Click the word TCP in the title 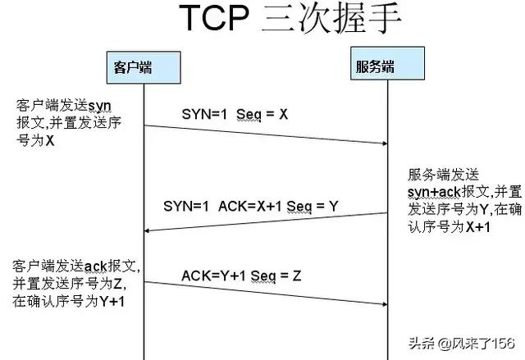(x=215, y=18)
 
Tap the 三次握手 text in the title (x=331, y=17)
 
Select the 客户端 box (x=144, y=67)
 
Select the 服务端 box (x=387, y=64)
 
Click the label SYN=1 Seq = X (x=235, y=115)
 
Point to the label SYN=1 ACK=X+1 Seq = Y (x=251, y=206)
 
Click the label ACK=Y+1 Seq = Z (x=241, y=276)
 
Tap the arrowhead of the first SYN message (x=385, y=144)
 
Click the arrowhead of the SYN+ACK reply (x=147, y=230)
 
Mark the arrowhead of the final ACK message (x=385, y=304)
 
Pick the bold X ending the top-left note (x=49, y=140)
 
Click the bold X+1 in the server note (x=478, y=227)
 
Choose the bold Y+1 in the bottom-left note (x=112, y=302)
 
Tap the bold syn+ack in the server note (x=434, y=193)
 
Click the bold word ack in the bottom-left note (x=95, y=267)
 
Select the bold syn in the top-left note (x=99, y=106)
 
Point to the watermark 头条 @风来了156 (x=461, y=344)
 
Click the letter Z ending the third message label (x=297, y=276)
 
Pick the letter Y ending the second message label (x=334, y=206)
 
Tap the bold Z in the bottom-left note (x=117, y=284)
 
